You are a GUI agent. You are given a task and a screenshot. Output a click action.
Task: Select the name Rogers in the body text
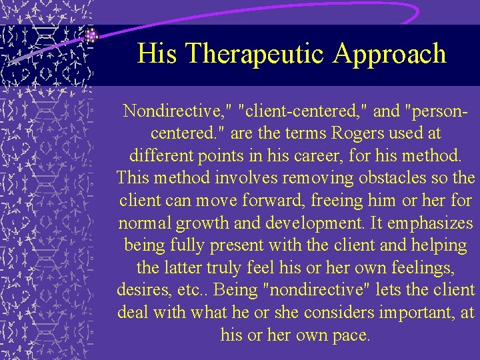[345, 133]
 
